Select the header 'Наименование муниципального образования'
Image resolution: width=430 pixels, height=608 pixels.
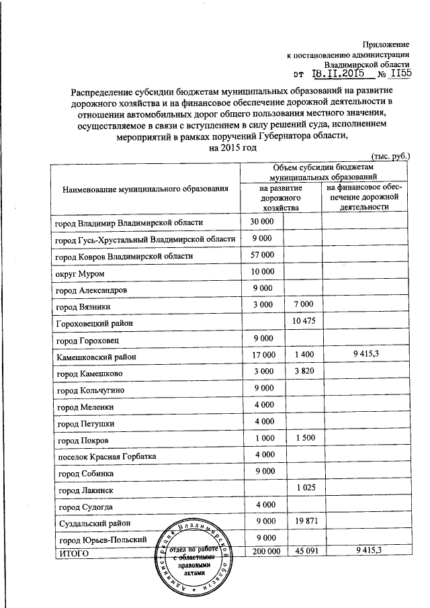click(146, 190)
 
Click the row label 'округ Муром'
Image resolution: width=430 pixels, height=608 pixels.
click(80, 273)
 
